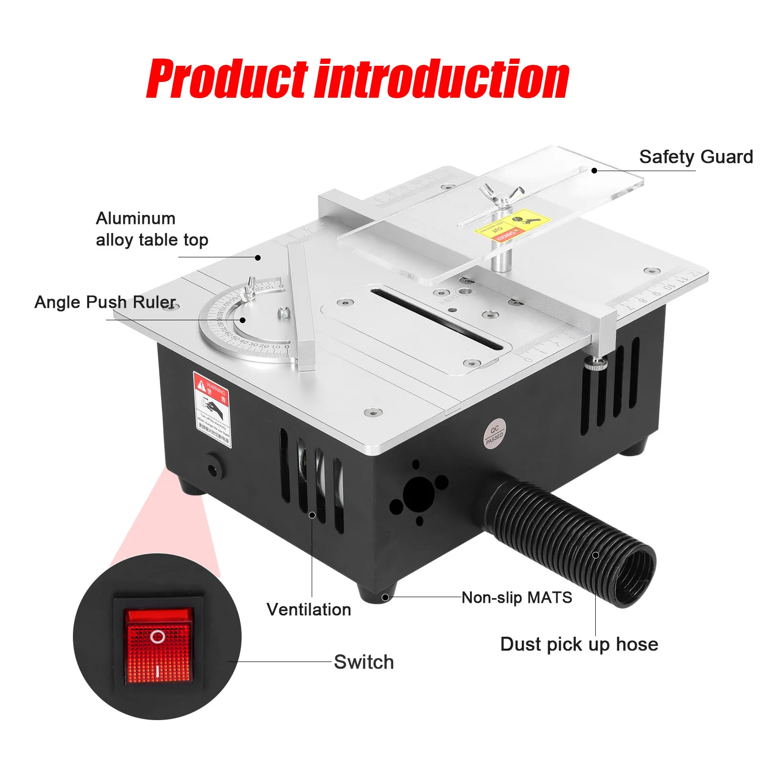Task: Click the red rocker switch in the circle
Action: click(x=159, y=645)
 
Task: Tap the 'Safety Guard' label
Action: click(x=696, y=157)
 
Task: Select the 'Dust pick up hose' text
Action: click(x=579, y=644)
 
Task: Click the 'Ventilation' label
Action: click(x=309, y=610)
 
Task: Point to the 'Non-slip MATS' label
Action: click(x=517, y=598)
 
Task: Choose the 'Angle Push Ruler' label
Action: click(x=105, y=302)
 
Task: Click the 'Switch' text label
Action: click(x=364, y=662)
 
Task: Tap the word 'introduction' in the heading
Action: click(x=443, y=79)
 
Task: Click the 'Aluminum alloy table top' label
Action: click(x=152, y=229)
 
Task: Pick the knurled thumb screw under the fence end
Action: click(x=595, y=365)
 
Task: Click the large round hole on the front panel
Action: click(x=418, y=492)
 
